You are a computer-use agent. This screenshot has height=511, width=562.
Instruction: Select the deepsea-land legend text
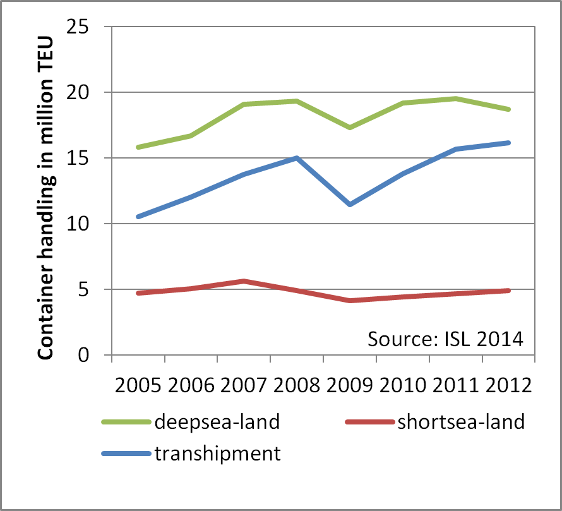(x=217, y=422)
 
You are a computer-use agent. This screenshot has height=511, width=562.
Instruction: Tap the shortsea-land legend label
(x=461, y=422)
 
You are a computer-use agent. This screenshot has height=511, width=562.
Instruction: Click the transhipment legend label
(x=217, y=454)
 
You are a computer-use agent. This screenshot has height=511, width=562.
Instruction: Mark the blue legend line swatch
(x=126, y=454)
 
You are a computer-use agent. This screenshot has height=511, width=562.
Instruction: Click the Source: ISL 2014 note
(x=446, y=339)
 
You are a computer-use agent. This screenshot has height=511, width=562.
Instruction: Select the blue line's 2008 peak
(x=296, y=158)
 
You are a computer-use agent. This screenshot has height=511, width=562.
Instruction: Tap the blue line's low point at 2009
(x=349, y=205)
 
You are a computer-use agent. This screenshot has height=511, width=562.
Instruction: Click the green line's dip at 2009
(x=349, y=128)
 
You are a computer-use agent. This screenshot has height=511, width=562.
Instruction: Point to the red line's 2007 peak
(x=243, y=281)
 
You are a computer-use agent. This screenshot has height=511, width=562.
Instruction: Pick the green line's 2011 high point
(x=455, y=99)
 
